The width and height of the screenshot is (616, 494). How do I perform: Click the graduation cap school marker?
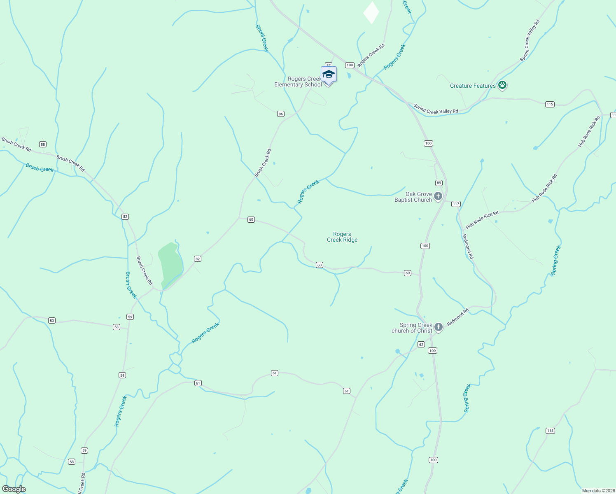click(329, 75)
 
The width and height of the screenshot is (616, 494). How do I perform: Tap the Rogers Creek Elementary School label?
click(298, 82)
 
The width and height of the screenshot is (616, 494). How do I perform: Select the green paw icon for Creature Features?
click(502, 86)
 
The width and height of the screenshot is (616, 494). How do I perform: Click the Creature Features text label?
click(473, 86)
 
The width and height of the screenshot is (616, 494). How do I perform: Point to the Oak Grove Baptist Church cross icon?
click(438, 196)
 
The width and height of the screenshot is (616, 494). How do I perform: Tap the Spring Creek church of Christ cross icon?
click(439, 327)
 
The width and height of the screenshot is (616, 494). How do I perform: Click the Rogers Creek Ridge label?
click(342, 237)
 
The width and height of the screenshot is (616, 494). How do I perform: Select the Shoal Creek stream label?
click(262, 38)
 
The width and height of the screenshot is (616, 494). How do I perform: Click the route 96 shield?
click(281, 114)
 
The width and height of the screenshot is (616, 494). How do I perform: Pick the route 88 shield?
click(43, 144)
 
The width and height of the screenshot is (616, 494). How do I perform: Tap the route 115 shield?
click(550, 105)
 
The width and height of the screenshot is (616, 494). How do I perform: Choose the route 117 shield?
click(456, 204)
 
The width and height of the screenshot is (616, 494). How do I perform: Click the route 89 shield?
click(439, 183)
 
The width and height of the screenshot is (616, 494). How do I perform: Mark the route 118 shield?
click(550, 431)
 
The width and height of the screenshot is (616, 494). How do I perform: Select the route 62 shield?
click(421, 345)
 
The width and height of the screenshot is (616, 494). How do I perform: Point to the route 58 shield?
click(72, 462)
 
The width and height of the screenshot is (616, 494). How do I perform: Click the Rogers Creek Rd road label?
click(371, 56)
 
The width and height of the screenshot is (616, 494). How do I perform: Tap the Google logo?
click(14, 489)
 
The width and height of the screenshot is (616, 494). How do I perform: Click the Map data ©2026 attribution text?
click(597, 491)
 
